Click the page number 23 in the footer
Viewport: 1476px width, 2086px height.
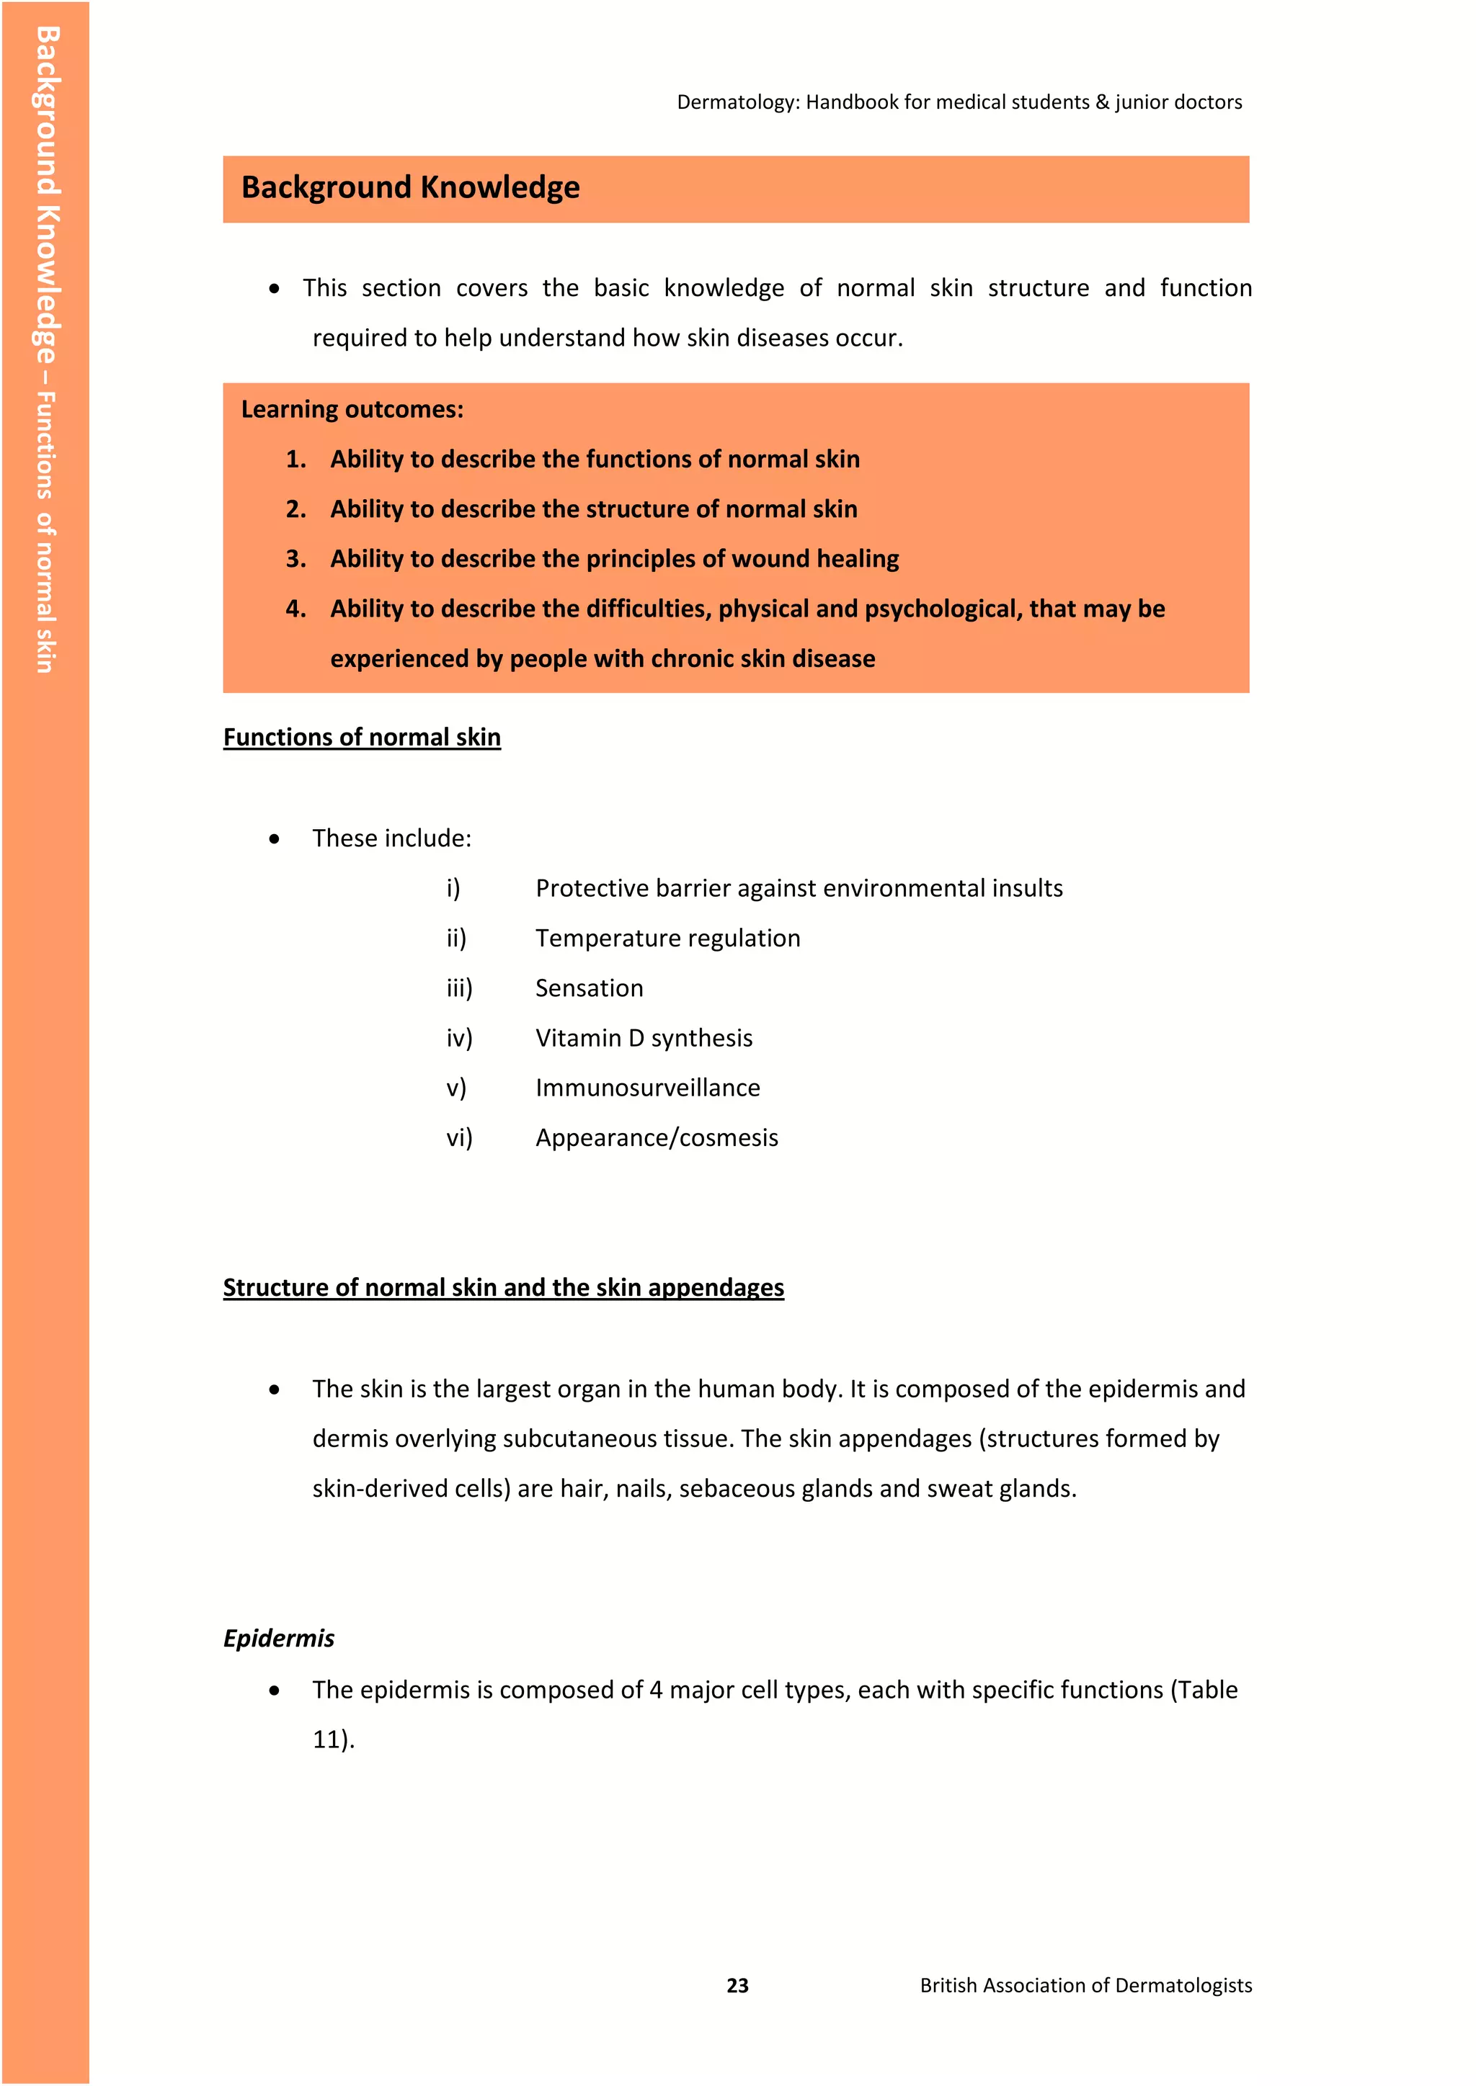click(x=737, y=1986)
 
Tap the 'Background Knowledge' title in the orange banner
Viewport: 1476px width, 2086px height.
click(x=410, y=188)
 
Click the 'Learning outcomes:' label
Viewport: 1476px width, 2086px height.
click(x=352, y=410)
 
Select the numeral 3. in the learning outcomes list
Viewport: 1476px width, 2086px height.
click(x=295, y=559)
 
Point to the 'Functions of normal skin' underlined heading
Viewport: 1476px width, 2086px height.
click(x=362, y=737)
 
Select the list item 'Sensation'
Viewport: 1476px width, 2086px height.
click(x=589, y=988)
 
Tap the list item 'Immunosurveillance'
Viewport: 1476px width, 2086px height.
click(x=647, y=1088)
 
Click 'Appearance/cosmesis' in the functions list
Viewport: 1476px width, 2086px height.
click(x=657, y=1137)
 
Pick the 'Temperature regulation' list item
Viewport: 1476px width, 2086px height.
click(x=667, y=938)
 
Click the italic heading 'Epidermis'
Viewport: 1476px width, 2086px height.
click(x=279, y=1638)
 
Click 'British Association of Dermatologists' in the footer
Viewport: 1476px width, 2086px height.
click(x=1085, y=1986)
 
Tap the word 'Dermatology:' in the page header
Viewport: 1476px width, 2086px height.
click(x=737, y=103)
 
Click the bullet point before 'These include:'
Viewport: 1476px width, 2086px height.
click(x=275, y=839)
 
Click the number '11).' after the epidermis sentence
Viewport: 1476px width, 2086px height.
click(x=334, y=1739)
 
